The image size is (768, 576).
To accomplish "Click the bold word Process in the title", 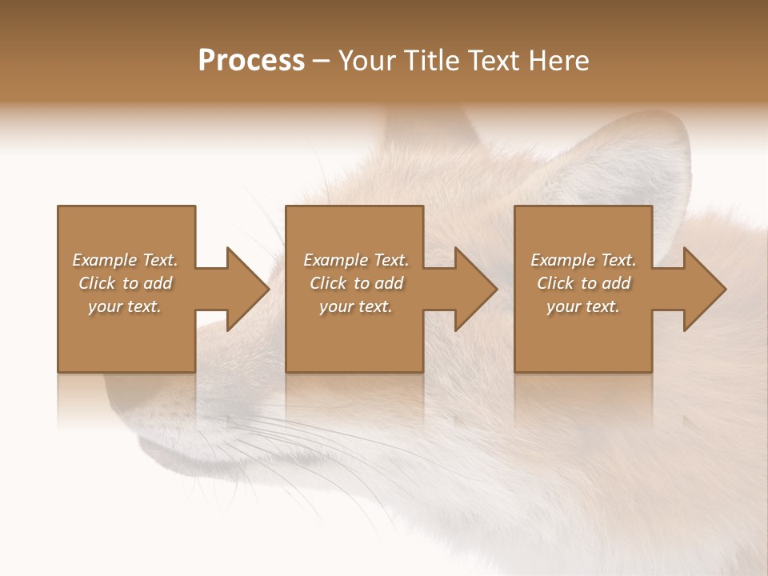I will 251,61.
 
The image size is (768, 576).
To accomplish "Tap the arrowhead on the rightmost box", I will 703,289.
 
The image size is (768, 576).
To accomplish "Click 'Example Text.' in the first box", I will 125,260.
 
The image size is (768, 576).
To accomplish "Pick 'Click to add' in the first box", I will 125,283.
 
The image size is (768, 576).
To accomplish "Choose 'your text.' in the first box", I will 125,306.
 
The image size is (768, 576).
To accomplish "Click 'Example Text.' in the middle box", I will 355,260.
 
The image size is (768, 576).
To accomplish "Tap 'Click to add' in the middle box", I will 355,283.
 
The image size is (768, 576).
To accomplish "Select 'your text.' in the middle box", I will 355,306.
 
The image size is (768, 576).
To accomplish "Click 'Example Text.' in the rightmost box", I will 583,260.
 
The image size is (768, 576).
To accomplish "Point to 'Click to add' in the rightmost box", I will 583,283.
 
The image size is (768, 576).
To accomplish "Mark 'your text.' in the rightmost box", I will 583,306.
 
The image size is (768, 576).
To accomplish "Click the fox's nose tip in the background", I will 128,400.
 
